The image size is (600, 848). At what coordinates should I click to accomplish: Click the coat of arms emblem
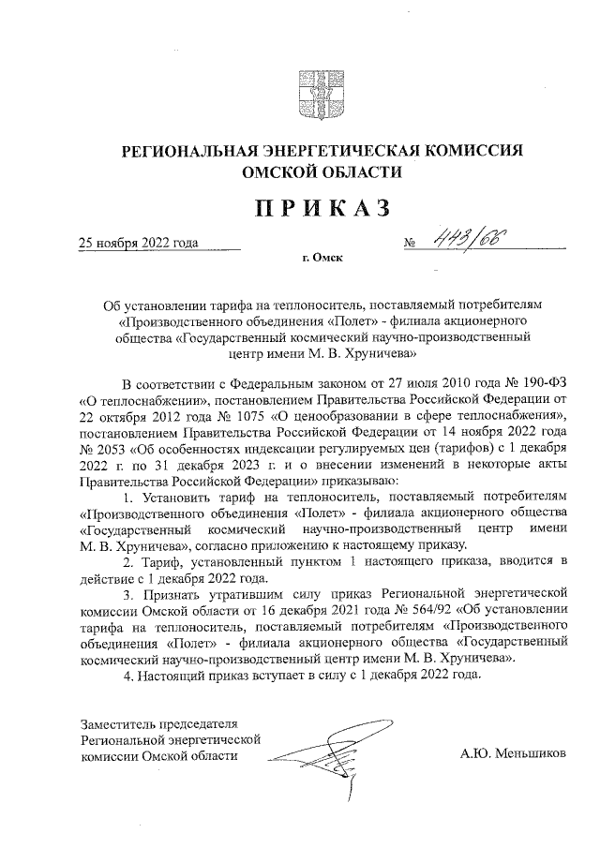[300, 91]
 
